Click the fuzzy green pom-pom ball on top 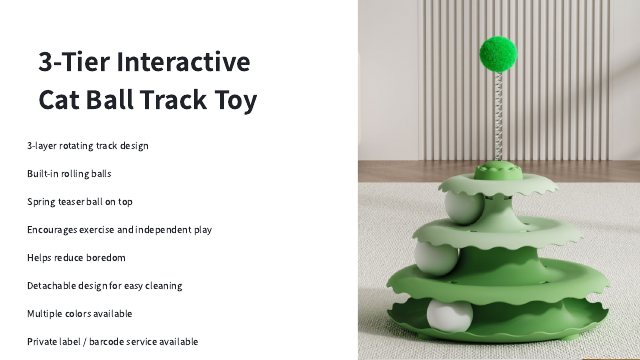[x=498, y=54]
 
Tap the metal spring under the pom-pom [x=498, y=117]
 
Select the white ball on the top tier [x=464, y=207]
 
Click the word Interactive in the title [x=183, y=62]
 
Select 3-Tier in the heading [x=74, y=62]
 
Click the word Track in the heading [x=173, y=100]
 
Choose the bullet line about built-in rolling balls [x=69, y=173]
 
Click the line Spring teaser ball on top [x=80, y=202]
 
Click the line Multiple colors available [x=80, y=313]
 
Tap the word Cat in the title [x=59, y=100]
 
